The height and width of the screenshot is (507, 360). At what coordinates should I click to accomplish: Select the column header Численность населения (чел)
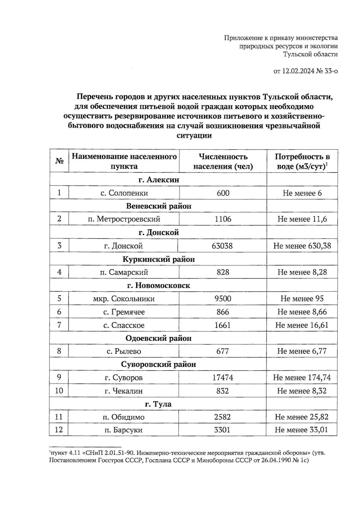[x=223, y=161]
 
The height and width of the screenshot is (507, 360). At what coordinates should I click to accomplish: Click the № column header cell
[x=59, y=161]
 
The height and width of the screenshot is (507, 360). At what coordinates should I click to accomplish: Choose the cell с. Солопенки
[x=124, y=193]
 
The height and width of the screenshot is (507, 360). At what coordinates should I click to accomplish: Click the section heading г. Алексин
[x=158, y=180]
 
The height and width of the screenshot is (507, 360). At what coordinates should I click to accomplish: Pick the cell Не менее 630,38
[x=302, y=246]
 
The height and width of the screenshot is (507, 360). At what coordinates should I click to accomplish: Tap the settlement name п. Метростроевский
[x=124, y=219]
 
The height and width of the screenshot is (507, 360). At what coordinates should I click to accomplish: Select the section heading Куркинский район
[x=158, y=259]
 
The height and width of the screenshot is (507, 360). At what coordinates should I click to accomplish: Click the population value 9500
[x=223, y=298]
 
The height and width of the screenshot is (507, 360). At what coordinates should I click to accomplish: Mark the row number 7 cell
[x=59, y=325]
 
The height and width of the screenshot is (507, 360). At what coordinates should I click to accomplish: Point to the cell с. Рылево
[x=124, y=351]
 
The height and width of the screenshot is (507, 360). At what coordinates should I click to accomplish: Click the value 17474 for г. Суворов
[x=223, y=377]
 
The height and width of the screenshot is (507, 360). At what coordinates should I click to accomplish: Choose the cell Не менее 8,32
[x=302, y=391]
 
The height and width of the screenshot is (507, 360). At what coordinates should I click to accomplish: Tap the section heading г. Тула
[x=158, y=404]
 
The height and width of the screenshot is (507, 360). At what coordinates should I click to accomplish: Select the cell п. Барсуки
[x=123, y=430]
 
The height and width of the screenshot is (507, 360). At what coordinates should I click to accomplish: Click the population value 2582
[x=222, y=417]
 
